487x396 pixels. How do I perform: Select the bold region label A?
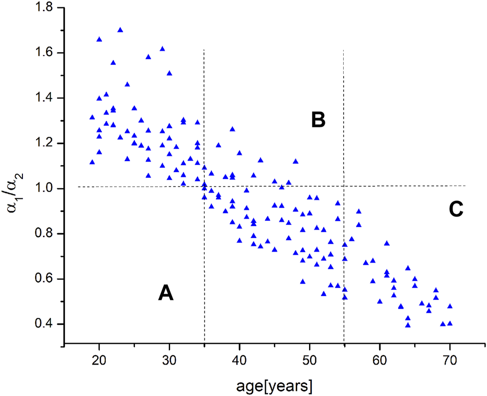click(x=166, y=295)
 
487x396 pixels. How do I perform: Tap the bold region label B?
click(x=318, y=120)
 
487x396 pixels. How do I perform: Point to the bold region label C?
click(x=456, y=210)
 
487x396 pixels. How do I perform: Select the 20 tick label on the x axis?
click(x=99, y=361)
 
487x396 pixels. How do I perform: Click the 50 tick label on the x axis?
click(x=310, y=361)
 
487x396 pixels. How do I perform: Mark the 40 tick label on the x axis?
click(x=239, y=361)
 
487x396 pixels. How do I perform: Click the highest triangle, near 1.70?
click(x=120, y=30)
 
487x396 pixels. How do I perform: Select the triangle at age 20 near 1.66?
click(x=99, y=39)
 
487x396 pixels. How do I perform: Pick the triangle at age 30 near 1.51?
click(x=169, y=73)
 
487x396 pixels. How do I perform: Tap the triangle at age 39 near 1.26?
click(x=232, y=129)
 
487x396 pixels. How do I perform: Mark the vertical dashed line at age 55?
click(x=344, y=131)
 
